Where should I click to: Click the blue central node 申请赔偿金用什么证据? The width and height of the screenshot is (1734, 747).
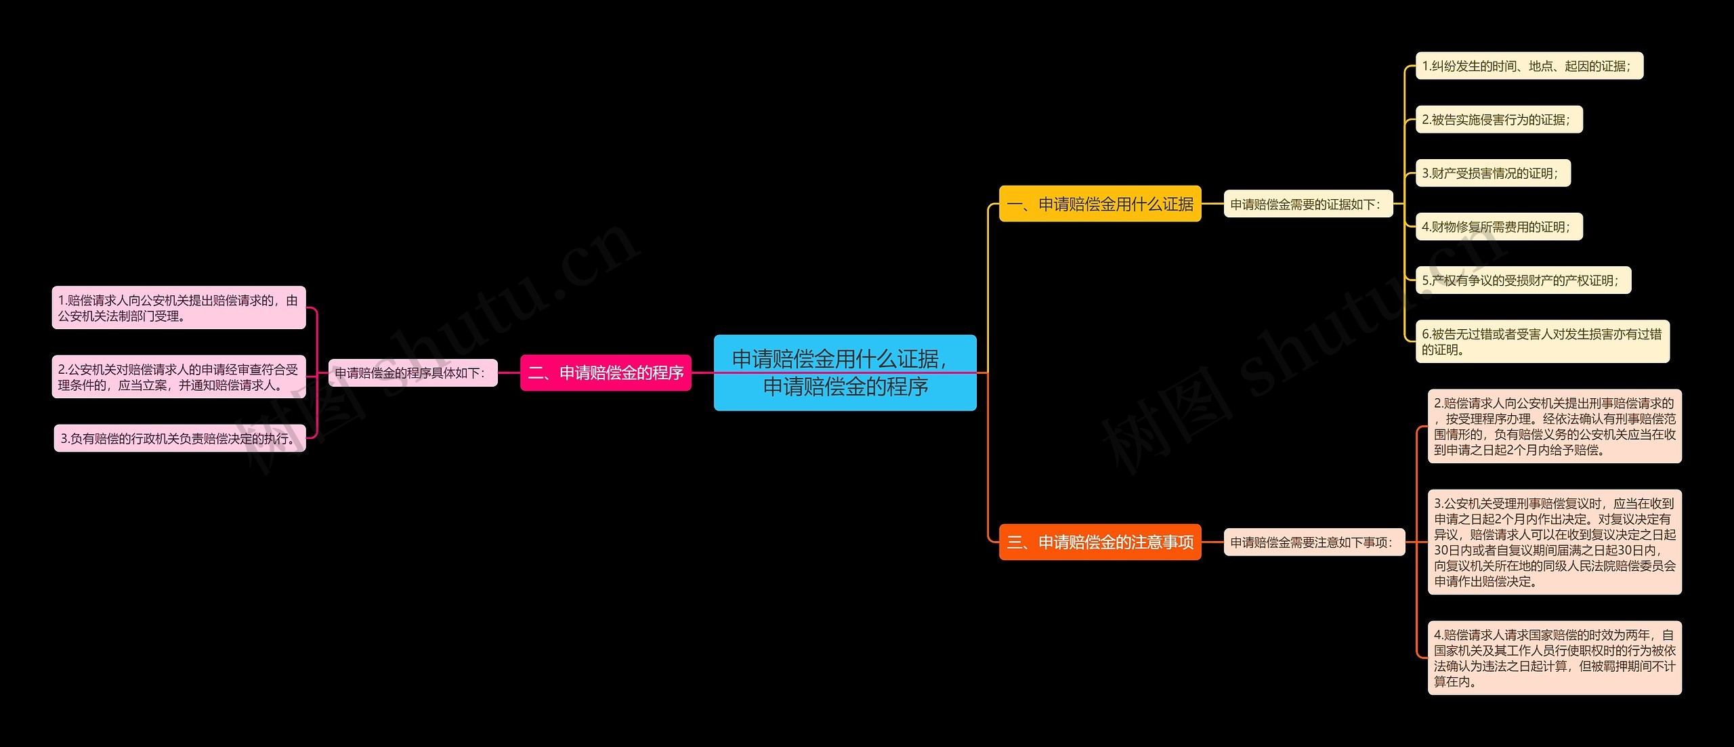point(845,372)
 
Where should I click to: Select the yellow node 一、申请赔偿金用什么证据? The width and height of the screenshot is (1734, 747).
point(1100,204)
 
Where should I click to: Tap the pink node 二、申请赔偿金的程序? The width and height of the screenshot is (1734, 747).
point(606,372)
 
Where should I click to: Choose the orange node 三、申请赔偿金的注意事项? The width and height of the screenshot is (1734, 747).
point(1100,542)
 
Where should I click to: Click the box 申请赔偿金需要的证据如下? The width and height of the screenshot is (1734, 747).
point(1307,204)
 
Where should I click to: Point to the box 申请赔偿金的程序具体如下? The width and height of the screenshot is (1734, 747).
point(413,372)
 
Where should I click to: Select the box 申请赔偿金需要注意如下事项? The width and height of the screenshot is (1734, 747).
point(1313,542)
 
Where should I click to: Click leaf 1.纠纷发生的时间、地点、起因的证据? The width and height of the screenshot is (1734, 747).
point(1529,66)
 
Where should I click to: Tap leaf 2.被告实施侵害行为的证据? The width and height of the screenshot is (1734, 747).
point(1498,119)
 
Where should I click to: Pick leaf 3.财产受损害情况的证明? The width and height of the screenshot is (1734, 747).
point(1492,173)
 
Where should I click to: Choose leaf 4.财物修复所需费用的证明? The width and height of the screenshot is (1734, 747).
point(1498,226)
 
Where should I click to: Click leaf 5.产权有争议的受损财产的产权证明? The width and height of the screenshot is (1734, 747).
point(1523,280)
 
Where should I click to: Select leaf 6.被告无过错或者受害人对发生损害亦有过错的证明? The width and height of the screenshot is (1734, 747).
point(1542,341)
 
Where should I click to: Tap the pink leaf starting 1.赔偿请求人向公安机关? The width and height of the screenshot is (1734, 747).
point(179,307)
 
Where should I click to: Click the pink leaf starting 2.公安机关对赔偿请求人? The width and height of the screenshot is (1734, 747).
point(179,377)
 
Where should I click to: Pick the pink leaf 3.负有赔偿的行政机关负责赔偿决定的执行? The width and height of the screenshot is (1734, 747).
point(179,438)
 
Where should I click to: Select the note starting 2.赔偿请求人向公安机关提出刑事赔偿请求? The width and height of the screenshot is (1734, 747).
point(1555,426)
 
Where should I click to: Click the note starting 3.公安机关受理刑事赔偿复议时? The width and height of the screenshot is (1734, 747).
point(1555,542)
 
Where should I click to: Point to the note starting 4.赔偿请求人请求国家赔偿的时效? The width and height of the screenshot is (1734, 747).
point(1555,658)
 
